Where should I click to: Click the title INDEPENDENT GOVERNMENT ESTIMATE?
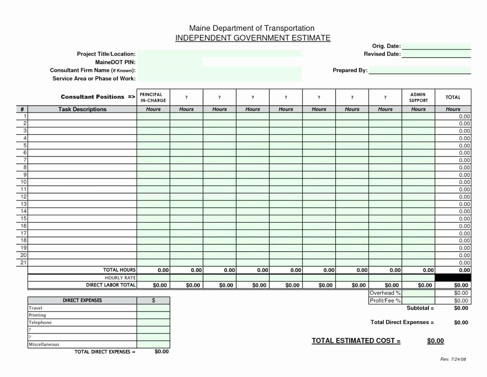253,38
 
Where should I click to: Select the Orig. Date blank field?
436,46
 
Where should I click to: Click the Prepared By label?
350,70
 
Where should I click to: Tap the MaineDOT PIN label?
115,62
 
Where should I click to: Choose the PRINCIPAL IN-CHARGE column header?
153,97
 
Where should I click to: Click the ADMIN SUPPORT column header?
418,97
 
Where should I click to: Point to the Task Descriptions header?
82,109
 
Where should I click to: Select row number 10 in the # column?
24,182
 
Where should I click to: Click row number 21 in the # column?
24,262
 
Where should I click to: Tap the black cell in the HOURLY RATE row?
452,278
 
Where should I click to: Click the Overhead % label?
385,293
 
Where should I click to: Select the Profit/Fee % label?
385,300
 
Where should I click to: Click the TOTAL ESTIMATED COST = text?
356,341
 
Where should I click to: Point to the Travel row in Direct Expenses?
36,308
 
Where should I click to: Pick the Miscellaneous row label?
44,344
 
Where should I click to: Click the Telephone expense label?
40,323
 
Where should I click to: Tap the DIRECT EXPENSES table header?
82,300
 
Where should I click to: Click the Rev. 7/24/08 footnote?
453,359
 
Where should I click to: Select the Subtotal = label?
420,308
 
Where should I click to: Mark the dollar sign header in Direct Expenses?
153,300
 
